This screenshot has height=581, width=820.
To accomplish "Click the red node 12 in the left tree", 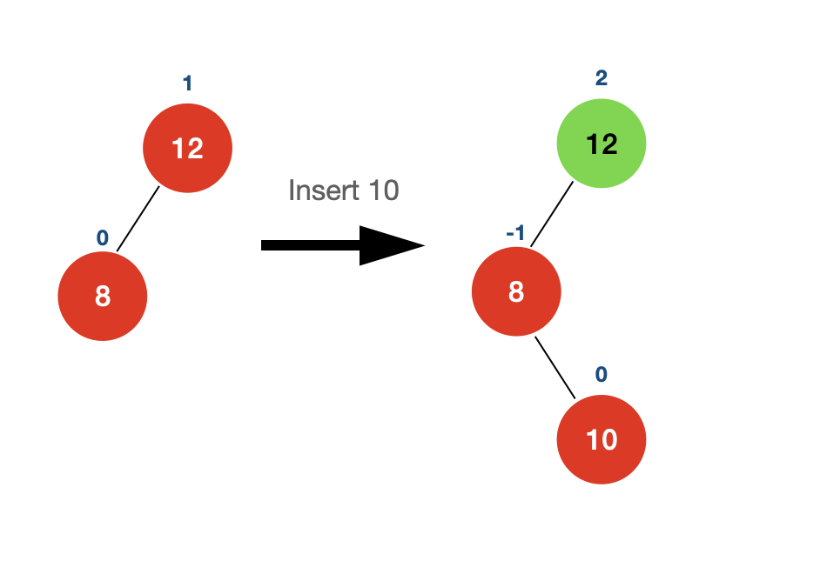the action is (188, 148).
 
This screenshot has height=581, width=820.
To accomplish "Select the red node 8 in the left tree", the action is (103, 297).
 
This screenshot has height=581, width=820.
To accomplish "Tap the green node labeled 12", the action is (602, 144).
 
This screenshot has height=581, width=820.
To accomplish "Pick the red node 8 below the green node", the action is (516, 291).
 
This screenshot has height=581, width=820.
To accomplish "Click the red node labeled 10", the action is (602, 439).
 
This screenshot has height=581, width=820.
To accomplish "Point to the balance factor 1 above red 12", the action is (188, 83).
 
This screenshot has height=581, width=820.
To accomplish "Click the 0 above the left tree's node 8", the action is (103, 238).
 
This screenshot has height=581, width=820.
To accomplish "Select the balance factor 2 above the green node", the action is (602, 78).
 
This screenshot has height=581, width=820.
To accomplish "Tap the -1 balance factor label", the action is (515, 232).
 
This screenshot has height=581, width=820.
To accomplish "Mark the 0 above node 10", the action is (602, 375).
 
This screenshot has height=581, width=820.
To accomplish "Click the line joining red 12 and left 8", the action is (138, 218).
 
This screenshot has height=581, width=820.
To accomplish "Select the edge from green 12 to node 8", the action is (552, 214).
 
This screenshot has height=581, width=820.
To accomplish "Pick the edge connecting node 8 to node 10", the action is (555, 367).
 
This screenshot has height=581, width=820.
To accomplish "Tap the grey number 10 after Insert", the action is (384, 190).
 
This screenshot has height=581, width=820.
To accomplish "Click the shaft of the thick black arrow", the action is (311, 245).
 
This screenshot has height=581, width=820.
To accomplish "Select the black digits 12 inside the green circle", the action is (602, 144).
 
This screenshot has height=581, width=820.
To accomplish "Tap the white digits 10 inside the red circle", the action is (602, 440).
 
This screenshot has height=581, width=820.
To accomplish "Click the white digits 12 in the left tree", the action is (187, 149).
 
